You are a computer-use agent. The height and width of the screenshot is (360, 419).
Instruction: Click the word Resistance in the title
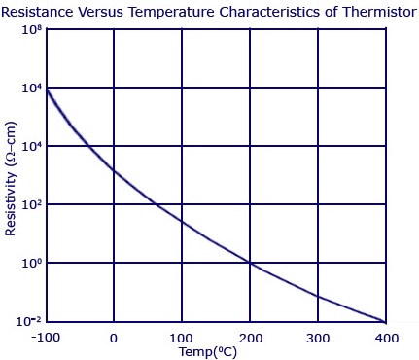[x=37, y=12]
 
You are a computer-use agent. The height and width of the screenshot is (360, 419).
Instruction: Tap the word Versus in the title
[x=101, y=12]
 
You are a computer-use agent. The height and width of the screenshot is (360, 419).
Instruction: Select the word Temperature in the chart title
[x=171, y=13]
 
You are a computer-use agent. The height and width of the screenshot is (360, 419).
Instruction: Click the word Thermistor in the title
[x=379, y=12]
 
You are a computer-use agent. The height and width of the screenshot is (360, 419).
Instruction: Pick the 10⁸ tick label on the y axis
[x=32, y=30]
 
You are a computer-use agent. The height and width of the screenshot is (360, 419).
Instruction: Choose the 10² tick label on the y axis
[x=32, y=205]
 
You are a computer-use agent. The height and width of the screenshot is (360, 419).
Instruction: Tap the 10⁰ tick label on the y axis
[x=32, y=263]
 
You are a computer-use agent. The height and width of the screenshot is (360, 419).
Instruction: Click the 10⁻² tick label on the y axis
[x=29, y=321]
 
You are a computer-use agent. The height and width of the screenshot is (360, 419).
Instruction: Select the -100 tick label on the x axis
[x=46, y=338]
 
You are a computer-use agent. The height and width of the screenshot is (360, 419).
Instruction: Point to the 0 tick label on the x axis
[x=114, y=339]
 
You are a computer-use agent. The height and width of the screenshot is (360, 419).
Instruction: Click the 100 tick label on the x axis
[x=181, y=339]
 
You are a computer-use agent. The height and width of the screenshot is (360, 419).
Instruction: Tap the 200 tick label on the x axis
[x=251, y=339]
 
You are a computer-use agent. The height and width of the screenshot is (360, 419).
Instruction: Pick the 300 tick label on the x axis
[x=318, y=339]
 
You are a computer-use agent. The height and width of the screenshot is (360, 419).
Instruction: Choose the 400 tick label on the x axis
[x=387, y=339]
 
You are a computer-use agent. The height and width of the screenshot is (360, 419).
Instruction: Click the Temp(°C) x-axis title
[x=208, y=352]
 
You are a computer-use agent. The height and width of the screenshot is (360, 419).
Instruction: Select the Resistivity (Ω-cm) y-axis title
[x=11, y=179]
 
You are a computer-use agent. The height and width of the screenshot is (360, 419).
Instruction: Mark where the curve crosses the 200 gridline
[x=250, y=263]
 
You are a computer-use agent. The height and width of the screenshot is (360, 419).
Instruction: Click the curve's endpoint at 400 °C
[x=385, y=322]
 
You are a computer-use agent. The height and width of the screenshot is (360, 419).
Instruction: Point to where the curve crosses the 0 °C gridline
[x=114, y=170]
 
